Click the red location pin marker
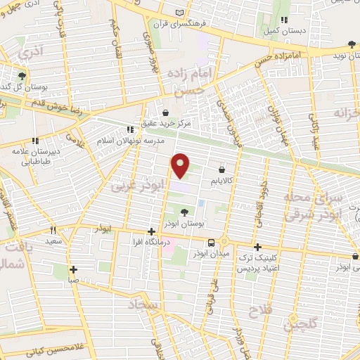(181, 165)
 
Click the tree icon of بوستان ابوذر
(185, 211)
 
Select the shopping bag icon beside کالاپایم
(222, 169)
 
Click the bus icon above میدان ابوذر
(203, 243)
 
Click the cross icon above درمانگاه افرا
(151, 231)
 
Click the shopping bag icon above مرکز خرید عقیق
(165, 111)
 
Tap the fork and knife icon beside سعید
(52, 229)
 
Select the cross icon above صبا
(74, 269)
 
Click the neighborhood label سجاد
(141, 303)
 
